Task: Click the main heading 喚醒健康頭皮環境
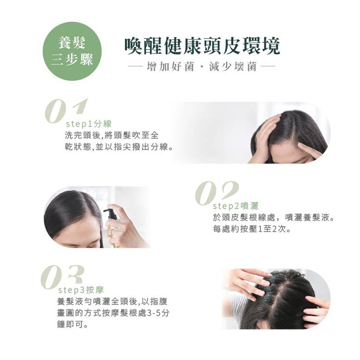click(x=202, y=46)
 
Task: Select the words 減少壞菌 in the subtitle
click(x=233, y=67)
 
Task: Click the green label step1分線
click(x=89, y=124)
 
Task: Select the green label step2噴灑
click(x=236, y=206)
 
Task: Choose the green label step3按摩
click(x=81, y=290)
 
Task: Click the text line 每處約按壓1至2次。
click(x=252, y=229)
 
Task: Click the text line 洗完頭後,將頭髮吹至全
click(x=112, y=135)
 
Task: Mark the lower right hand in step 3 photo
click(x=318, y=309)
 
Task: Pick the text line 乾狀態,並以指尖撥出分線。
click(x=119, y=147)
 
